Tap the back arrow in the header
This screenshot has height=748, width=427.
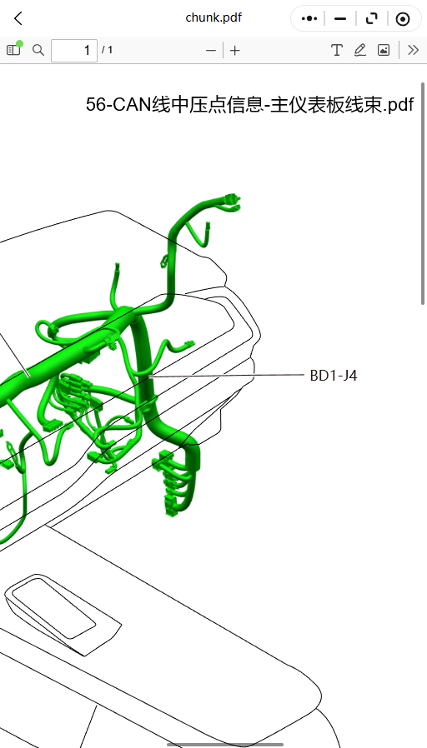(18, 18)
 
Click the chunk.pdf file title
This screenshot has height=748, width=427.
(213, 18)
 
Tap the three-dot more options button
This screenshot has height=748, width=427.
(309, 18)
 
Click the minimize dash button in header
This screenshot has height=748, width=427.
(340, 18)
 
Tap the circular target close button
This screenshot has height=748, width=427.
(403, 19)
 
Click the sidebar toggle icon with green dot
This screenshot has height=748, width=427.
(14, 48)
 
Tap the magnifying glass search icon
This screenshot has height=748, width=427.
(38, 50)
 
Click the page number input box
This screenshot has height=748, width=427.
(74, 50)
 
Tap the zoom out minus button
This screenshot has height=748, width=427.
(211, 50)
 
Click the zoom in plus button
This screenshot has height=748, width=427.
(234, 50)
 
